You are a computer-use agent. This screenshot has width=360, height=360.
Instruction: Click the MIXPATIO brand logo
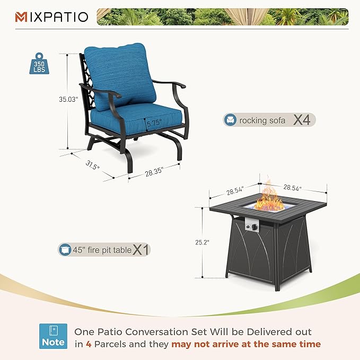point(51,17)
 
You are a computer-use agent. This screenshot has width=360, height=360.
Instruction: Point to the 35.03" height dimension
point(68,99)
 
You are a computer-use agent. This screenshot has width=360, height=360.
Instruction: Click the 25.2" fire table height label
point(201,242)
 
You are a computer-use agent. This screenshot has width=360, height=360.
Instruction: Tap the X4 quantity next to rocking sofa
point(302,120)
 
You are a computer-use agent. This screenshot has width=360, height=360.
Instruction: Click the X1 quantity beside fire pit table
point(141,249)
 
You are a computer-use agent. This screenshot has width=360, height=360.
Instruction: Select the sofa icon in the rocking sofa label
point(231,120)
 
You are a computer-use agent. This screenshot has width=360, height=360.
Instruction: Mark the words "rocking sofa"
point(262,120)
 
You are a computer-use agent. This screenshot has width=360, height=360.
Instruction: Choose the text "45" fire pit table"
point(102,250)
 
